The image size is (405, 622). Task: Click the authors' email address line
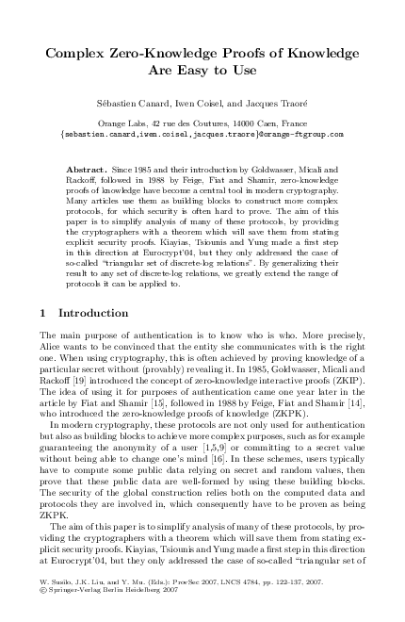[x=202, y=134]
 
